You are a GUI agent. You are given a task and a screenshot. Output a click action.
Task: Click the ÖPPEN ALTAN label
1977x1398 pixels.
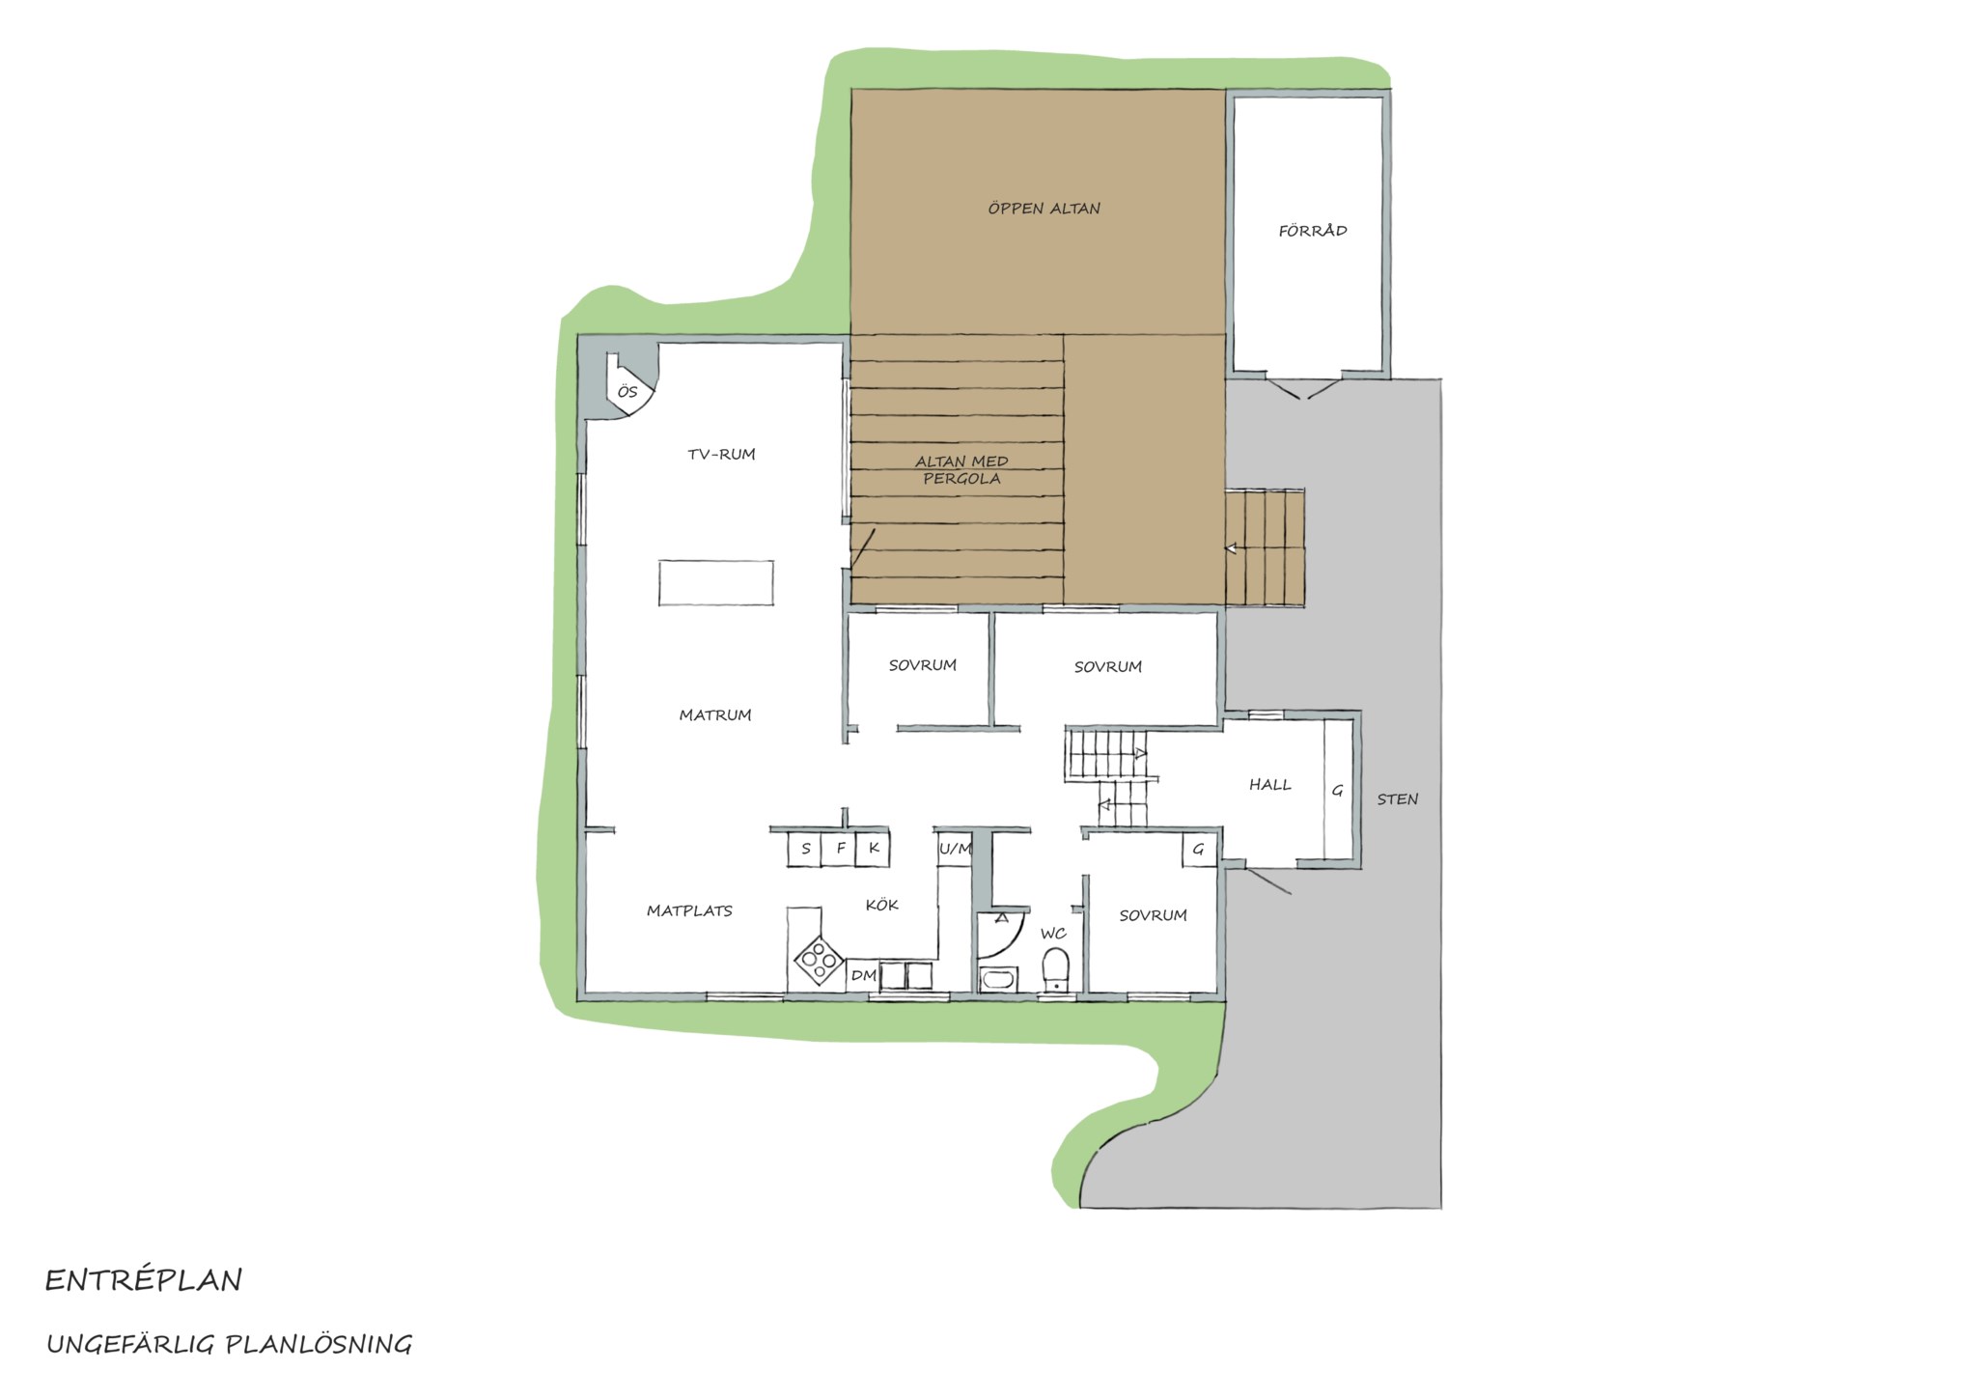coord(1044,208)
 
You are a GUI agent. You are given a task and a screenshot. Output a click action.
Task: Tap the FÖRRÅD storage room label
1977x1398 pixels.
coord(1313,231)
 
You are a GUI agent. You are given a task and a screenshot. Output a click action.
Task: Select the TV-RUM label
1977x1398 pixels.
coord(721,454)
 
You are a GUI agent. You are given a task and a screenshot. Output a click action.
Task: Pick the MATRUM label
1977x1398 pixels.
coord(715,715)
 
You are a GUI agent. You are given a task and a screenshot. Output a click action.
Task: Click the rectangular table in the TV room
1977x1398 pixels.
coord(716,583)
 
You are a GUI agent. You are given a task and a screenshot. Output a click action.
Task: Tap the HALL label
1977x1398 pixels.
coord(1270,785)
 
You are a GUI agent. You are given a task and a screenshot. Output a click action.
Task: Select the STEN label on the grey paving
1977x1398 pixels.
coord(1398,799)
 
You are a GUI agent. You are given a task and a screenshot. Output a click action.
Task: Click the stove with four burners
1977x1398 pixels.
coord(819,960)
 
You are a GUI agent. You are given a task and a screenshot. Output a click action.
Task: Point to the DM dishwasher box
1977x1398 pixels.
coord(863,976)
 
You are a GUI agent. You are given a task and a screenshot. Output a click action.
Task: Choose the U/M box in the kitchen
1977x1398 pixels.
coord(955,849)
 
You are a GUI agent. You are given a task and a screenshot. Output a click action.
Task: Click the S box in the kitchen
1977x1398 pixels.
coord(805,849)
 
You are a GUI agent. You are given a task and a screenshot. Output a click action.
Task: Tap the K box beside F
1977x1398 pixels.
coord(874,849)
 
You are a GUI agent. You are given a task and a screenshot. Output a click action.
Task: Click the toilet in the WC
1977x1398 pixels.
coord(1057,969)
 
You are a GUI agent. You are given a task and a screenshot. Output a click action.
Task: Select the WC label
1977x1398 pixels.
coord(1053,934)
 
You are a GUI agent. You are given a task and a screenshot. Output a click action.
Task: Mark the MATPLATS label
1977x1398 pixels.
coord(689,910)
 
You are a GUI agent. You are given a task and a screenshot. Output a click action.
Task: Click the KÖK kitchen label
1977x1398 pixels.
coord(882,905)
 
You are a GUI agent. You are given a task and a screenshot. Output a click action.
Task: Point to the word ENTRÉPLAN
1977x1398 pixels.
coord(144,1280)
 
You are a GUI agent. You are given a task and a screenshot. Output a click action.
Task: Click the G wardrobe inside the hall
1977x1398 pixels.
coord(1337,790)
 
